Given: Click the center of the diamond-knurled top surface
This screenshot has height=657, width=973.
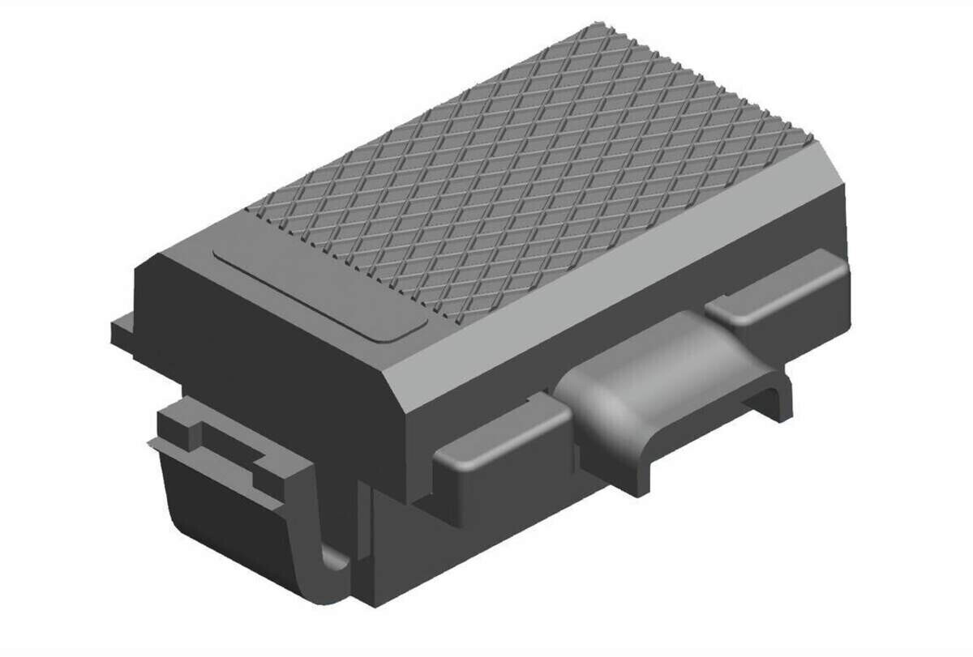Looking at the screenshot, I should (x=535, y=170).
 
